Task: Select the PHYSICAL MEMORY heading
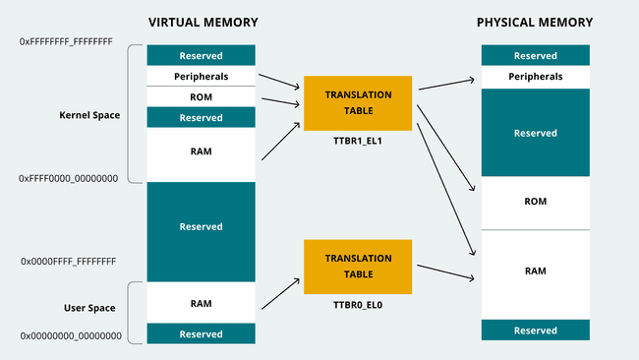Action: tap(535, 22)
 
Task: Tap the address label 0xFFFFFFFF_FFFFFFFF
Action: tap(67, 43)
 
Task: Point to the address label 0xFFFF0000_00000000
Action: tap(69, 178)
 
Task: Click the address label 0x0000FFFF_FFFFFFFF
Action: tap(69, 262)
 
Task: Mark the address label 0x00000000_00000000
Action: tap(71, 336)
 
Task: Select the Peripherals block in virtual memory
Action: tap(201, 75)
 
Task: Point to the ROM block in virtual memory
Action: tap(201, 95)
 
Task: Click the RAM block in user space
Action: tap(201, 303)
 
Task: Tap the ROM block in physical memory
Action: tap(535, 202)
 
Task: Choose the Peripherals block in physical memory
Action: tap(535, 76)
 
